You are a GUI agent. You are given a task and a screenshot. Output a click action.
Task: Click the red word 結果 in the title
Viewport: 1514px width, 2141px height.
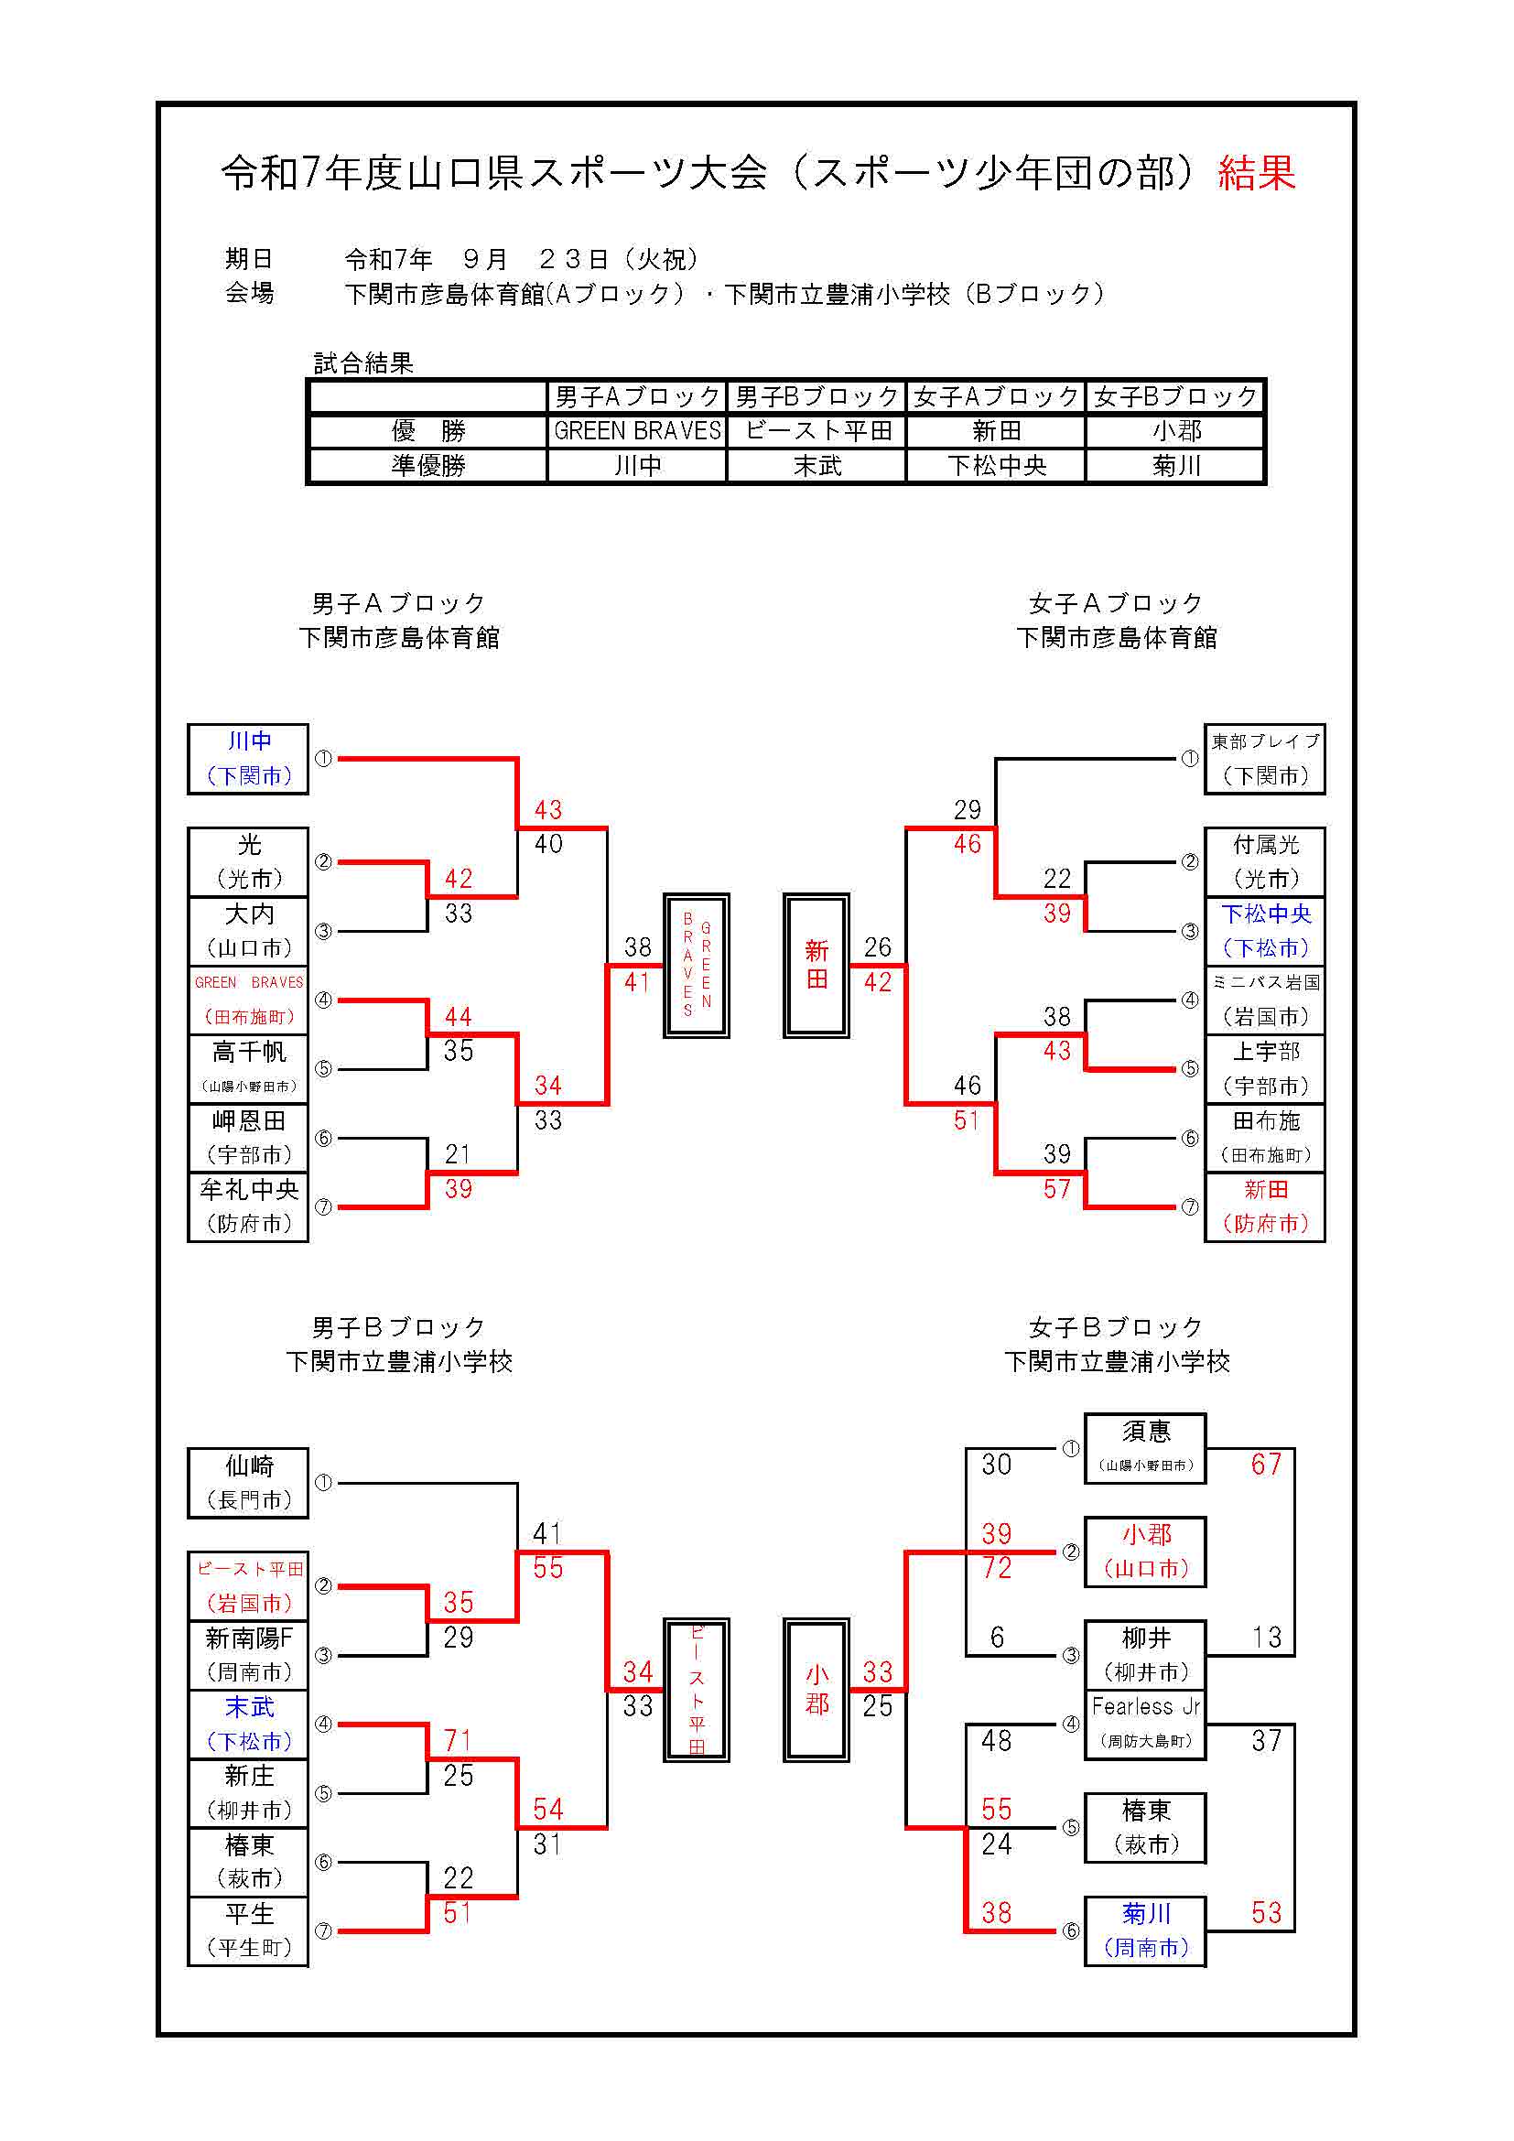pyautogui.click(x=1256, y=173)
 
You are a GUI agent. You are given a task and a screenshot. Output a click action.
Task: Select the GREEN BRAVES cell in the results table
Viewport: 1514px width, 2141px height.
pyautogui.click(x=637, y=431)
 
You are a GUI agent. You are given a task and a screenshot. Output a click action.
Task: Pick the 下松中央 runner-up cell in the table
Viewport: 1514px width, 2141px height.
pyautogui.click(x=996, y=465)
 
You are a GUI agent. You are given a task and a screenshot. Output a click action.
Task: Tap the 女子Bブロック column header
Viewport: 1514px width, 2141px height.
pyautogui.click(x=1175, y=397)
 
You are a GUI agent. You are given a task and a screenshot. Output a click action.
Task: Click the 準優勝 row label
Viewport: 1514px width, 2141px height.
pyautogui.click(x=427, y=465)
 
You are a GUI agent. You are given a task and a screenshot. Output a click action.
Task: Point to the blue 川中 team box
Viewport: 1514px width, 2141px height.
pyautogui.click(x=248, y=758)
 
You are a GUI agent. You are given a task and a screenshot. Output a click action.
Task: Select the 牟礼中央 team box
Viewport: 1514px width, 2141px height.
pyautogui.click(x=248, y=1206)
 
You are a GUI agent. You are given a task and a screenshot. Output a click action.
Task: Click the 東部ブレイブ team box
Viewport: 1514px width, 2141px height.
pyautogui.click(x=1264, y=758)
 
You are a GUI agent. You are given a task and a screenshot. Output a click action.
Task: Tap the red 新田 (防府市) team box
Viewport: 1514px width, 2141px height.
pyautogui.click(x=1264, y=1206)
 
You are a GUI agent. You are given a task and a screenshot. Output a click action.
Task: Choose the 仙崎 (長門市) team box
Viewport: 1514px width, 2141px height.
pyautogui.click(x=248, y=1483)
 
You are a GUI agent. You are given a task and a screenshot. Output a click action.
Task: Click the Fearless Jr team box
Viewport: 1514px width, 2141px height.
pyautogui.click(x=1145, y=1724)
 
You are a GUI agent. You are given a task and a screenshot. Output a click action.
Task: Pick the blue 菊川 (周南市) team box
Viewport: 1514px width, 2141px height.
pyautogui.click(x=1145, y=1930)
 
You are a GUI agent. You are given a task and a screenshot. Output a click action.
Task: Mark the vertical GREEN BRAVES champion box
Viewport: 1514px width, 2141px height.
pyautogui.click(x=696, y=965)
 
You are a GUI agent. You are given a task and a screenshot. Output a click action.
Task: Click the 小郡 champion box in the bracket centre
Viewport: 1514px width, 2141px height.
pyautogui.click(x=816, y=1690)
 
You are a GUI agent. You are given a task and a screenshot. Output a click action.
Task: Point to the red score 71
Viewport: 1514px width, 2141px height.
pyautogui.click(x=458, y=1740)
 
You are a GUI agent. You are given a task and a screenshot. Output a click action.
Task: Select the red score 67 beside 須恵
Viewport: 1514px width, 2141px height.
pyautogui.click(x=1265, y=1465)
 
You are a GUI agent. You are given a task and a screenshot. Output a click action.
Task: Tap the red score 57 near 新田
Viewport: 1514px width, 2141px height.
pyautogui.click(x=1056, y=1189)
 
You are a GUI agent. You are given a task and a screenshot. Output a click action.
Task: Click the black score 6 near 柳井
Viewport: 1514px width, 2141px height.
pyautogui.click(x=997, y=1638)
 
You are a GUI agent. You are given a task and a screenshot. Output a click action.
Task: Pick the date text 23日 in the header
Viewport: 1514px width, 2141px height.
pyautogui.click(x=573, y=259)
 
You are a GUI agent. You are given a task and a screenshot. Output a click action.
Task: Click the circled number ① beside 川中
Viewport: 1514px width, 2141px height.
pyautogui.click(x=323, y=758)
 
